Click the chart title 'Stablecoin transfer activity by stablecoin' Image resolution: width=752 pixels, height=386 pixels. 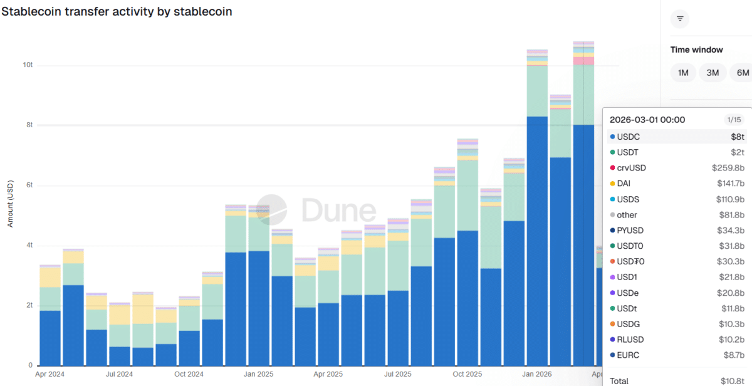(x=117, y=12)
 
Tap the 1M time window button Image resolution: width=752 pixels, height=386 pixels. (x=683, y=73)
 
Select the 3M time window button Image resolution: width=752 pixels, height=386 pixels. (x=713, y=73)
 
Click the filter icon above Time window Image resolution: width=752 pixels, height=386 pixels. (x=680, y=19)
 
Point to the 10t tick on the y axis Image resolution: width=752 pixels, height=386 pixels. (x=28, y=65)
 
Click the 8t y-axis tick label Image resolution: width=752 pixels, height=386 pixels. (x=29, y=125)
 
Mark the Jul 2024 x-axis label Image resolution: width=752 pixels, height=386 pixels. (x=120, y=374)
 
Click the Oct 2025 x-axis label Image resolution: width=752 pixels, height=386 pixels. (x=467, y=374)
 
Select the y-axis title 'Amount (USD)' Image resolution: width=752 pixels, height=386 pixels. (x=11, y=204)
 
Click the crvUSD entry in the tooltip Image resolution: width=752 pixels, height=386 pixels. (x=631, y=168)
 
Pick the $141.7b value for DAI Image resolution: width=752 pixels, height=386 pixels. (x=731, y=184)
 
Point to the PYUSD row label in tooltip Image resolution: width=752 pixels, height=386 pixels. (x=630, y=231)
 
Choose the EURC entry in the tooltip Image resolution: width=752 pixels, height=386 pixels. (x=628, y=355)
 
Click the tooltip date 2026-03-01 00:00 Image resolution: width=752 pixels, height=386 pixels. (x=647, y=120)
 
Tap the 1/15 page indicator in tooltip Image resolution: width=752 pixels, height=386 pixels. (x=733, y=120)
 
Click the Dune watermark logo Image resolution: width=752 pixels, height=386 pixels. (x=316, y=210)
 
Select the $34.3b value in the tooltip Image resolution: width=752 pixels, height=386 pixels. (x=731, y=231)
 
